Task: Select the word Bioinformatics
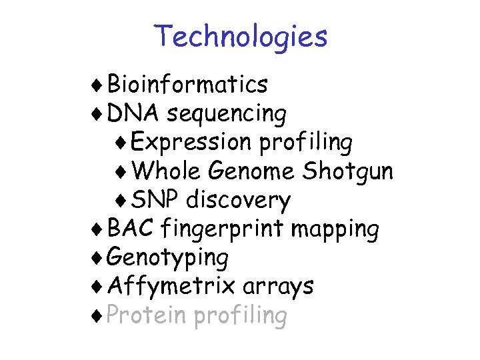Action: (187, 85)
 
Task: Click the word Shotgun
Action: (347, 172)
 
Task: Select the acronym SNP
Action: (156, 200)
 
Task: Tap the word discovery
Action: (238, 201)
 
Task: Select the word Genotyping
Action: (167, 258)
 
